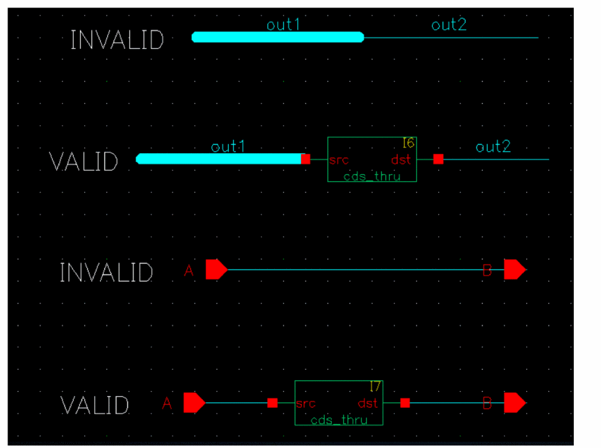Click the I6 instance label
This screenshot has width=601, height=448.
408,144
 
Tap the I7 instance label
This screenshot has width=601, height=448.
375,387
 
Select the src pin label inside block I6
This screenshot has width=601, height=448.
339,160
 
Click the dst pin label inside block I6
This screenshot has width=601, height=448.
400,160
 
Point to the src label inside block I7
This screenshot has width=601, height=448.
306,403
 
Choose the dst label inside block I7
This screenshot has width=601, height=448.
368,403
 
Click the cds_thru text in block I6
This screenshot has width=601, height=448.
372,176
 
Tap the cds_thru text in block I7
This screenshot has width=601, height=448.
339,419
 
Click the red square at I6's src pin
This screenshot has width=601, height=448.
306,159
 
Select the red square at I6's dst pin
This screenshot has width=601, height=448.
438,159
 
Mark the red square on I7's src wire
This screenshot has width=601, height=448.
272,403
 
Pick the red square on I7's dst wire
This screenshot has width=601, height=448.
405,403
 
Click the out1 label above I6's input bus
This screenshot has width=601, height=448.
228,147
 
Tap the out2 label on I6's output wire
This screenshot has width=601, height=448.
493,147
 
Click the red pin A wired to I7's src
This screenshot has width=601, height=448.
194,403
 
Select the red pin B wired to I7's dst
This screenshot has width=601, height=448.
514,403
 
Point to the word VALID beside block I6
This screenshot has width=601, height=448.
84,162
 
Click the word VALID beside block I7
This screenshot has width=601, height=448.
95,406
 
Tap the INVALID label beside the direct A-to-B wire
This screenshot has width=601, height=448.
106,273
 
